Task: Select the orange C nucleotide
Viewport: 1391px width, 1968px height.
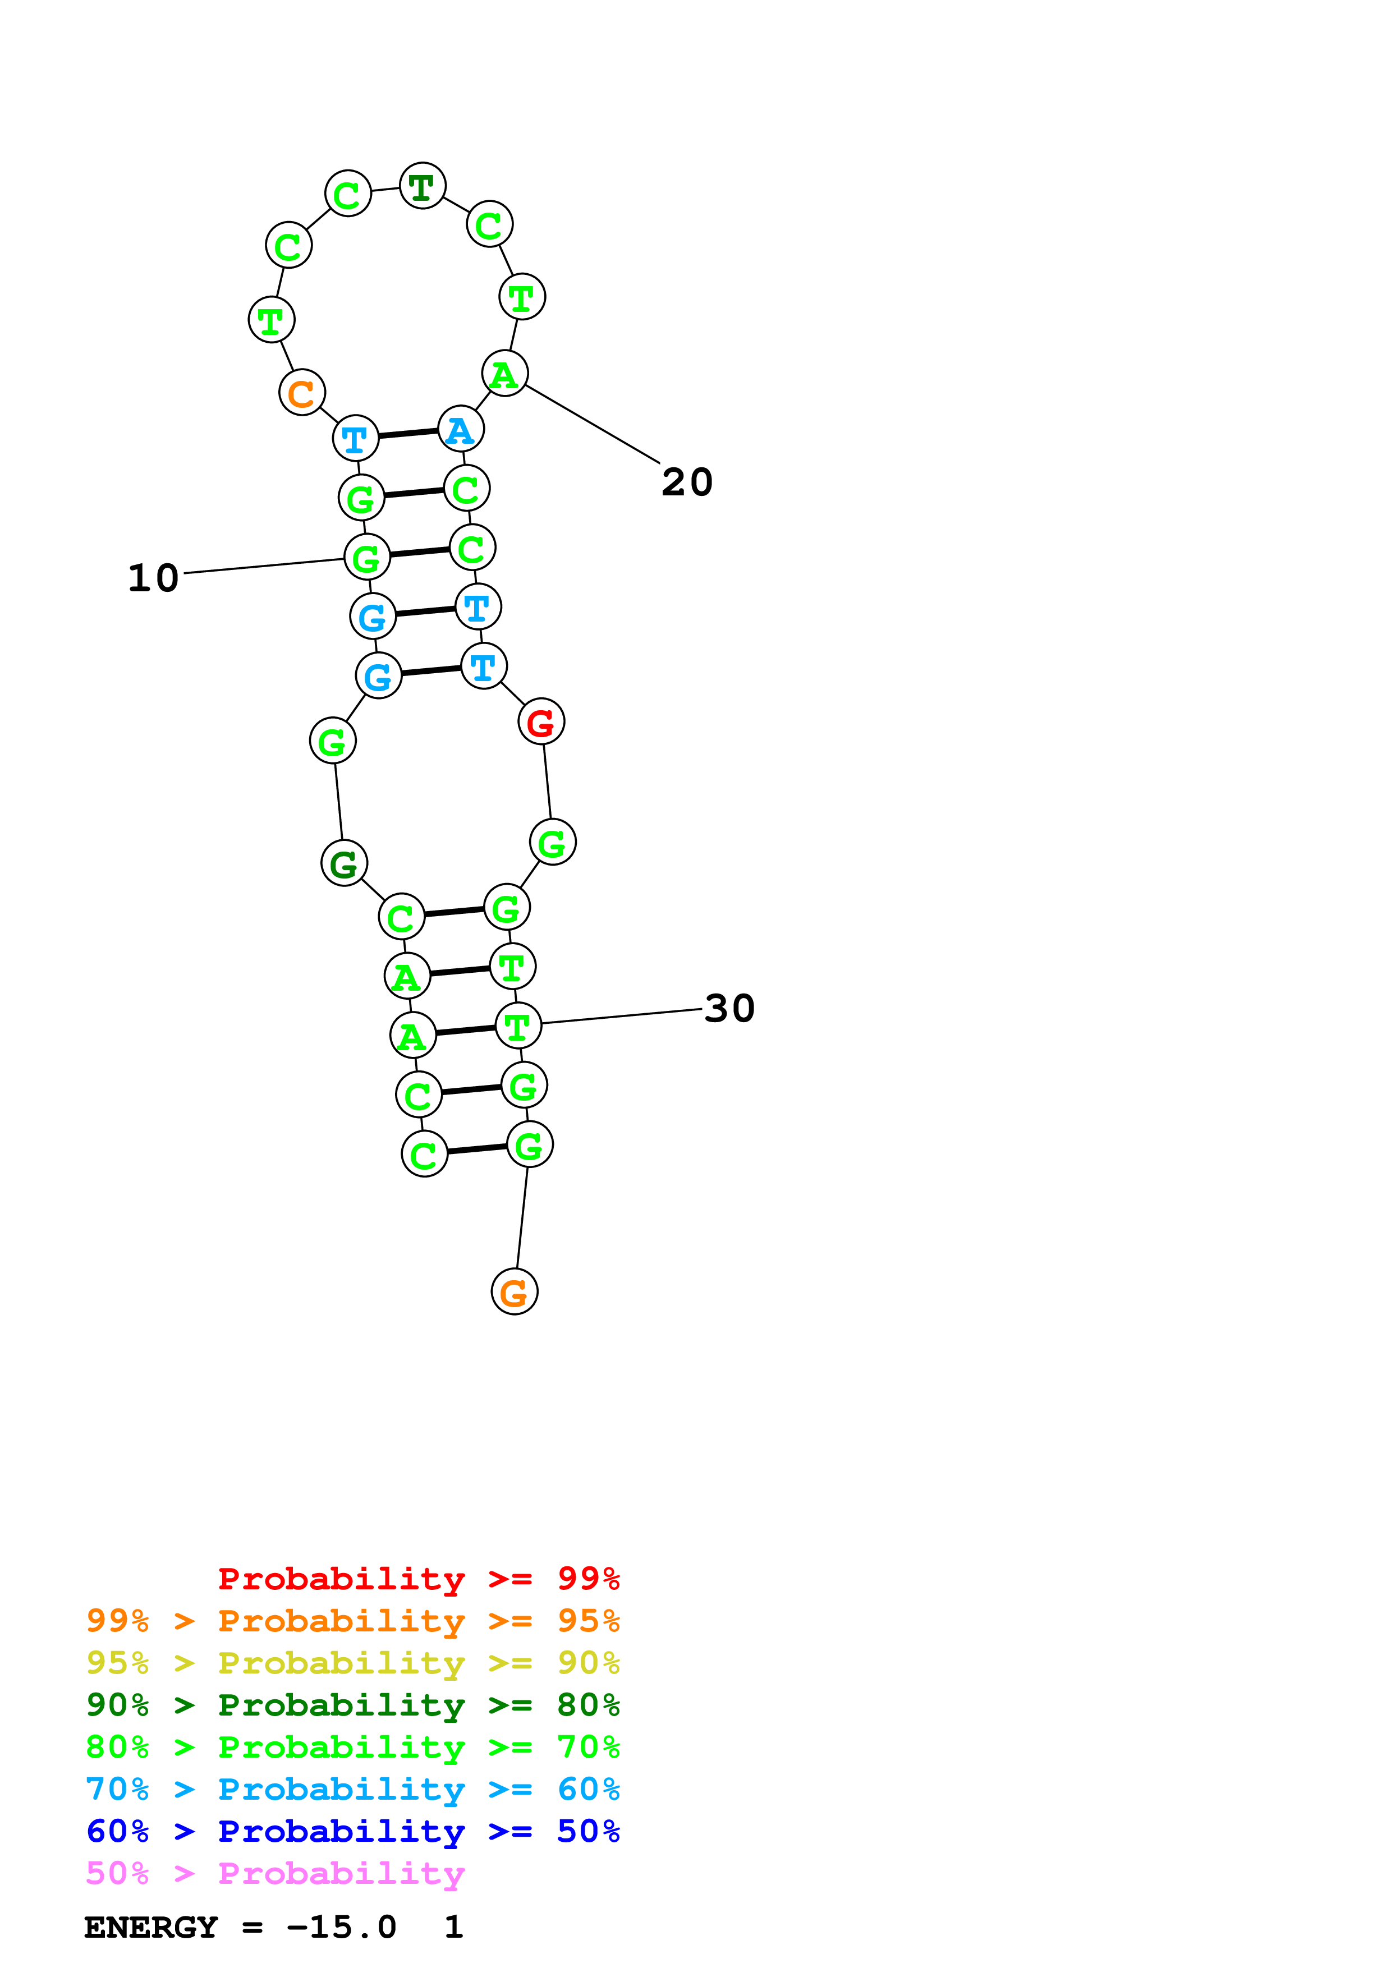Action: click(302, 393)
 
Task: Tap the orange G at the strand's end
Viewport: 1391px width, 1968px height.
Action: click(514, 1292)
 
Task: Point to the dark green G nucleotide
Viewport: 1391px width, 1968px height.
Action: click(343, 863)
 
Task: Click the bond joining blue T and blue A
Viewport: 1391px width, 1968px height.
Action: click(408, 434)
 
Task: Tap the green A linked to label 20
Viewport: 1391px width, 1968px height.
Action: click(505, 374)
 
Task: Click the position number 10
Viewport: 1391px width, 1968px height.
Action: click(153, 578)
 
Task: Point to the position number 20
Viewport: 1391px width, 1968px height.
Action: click(686, 482)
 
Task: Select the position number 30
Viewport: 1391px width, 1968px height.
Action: click(729, 1008)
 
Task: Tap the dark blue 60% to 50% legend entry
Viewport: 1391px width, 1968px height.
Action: click(352, 1831)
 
